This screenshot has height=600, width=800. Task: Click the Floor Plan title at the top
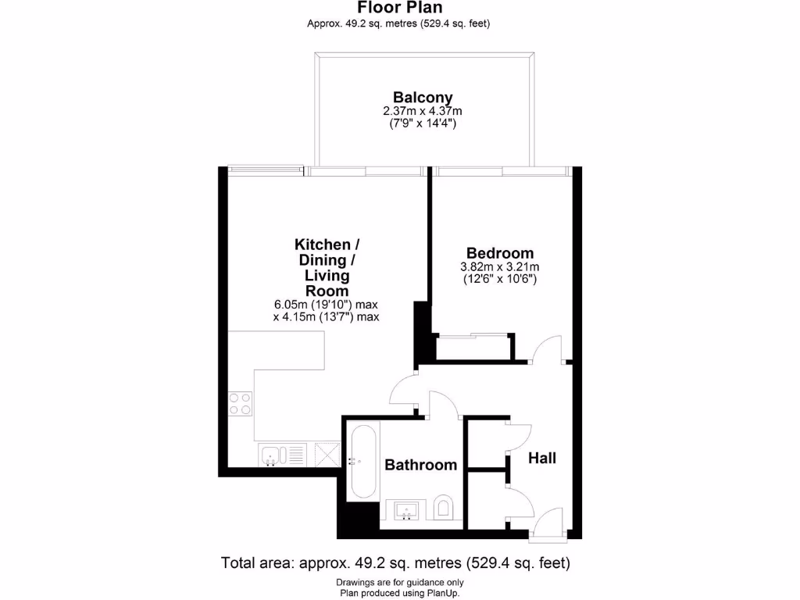[399, 8]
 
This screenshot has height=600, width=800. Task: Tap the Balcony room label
[423, 98]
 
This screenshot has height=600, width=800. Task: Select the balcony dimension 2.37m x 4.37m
[423, 111]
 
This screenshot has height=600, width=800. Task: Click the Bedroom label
[500, 253]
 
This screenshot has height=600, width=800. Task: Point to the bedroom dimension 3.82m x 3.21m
[500, 266]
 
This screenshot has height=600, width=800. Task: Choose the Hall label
[542, 458]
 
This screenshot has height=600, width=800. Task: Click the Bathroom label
[420, 465]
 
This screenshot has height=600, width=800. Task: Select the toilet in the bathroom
[443, 509]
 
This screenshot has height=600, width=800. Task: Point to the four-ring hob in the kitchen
[241, 403]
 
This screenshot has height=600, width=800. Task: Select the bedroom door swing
[547, 349]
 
